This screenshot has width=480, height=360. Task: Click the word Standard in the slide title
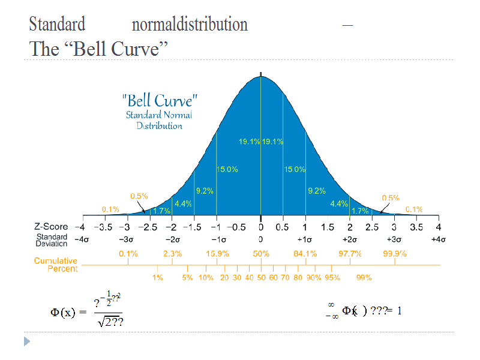tap(57, 25)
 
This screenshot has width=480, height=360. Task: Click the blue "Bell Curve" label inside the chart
tap(159, 100)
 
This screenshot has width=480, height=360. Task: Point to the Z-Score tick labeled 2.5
tap(372, 227)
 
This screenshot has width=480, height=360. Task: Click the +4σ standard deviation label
tap(438, 239)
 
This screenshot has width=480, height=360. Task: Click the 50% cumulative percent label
tap(261, 254)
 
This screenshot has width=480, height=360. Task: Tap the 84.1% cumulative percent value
tap(305, 254)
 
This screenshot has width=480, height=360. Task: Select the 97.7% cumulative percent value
tap(350, 254)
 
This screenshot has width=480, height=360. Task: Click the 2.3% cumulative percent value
tap(172, 254)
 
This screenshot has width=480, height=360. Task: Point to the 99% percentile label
tap(364, 278)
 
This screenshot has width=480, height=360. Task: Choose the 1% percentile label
tap(157, 278)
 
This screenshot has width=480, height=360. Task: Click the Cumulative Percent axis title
tap(56, 265)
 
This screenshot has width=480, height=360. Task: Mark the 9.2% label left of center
tap(205, 191)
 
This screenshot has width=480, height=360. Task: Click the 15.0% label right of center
tap(295, 170)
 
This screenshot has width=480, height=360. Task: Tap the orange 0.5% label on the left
tap(139, 196)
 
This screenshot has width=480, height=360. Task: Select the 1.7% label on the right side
tap(359, 211)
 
